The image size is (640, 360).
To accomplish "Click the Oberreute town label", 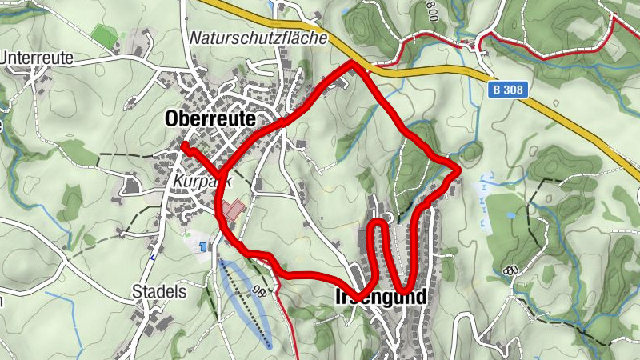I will tap(211, 118).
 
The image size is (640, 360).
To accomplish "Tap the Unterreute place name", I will tap(37, 58).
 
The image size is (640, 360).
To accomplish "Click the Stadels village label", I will tap(160, 291).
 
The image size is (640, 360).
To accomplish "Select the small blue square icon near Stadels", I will tap(203, 246).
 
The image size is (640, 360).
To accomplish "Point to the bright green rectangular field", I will tap(104, 35).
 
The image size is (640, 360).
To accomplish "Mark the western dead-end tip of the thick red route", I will tap(184, 146).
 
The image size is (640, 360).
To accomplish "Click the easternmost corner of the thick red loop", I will tap(458, 168).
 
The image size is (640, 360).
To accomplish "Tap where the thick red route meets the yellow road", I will tap(353, 64).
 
